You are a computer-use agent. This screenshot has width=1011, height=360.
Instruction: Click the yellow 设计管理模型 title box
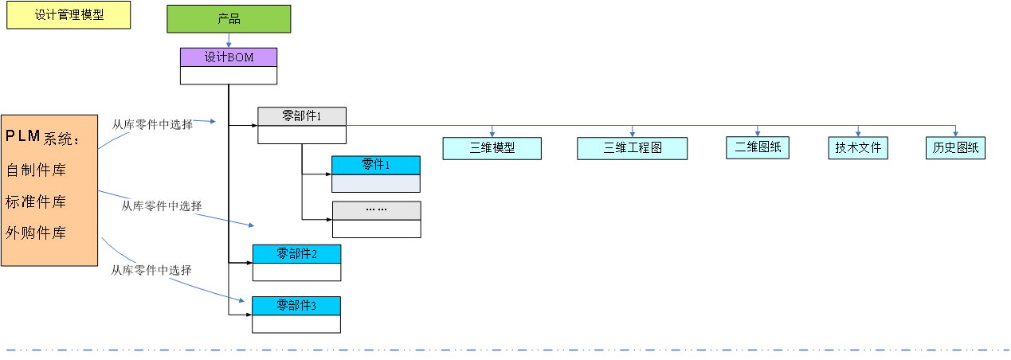(69, 15)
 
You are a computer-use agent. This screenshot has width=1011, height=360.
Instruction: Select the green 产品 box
(229, 19)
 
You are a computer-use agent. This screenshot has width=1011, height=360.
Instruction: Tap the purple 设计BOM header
(229, 57)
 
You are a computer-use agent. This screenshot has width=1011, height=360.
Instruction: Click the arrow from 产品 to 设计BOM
(229, 40)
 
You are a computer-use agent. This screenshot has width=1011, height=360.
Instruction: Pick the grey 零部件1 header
(302, 116)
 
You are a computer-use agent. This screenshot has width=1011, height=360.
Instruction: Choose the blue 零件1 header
(375, 165)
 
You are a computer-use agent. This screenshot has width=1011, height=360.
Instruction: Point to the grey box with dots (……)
(376, 210)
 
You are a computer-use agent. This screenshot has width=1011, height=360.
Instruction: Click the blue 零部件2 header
(296, 254)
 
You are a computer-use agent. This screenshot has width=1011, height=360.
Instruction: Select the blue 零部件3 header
(296, 306)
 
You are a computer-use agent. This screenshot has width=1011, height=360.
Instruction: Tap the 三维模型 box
(492, 148)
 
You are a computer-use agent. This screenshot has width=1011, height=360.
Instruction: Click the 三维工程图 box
(632, 148)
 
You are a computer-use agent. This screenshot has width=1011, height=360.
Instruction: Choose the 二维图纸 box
(758, 147)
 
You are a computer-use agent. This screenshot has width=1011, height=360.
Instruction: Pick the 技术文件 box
(858, 147)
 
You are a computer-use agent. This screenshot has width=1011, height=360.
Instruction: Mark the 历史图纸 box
(956, 147)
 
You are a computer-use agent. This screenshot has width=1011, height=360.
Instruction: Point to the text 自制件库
(36, 170)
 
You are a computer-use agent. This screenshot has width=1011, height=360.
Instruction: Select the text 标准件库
(36, 202)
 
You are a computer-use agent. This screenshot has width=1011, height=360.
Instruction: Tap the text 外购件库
(36, 233)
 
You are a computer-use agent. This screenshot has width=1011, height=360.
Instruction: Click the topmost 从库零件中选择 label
(152, 124)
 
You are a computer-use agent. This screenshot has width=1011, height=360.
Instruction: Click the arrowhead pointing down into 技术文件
(858, 133)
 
